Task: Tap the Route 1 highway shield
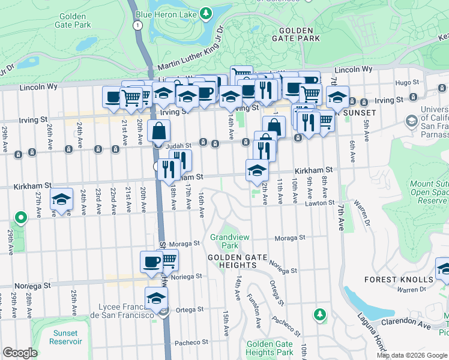(139, 25)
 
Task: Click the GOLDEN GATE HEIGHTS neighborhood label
(240, 257)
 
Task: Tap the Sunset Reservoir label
(65, 337)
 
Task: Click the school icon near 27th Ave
(61, 200)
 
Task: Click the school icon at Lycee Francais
(157, 298)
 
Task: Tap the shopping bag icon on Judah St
(159, 130)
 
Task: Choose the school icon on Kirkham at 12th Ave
(257, 170)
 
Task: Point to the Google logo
(20, 353)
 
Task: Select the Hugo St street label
(406, 82)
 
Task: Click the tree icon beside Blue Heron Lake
(206, 12)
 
